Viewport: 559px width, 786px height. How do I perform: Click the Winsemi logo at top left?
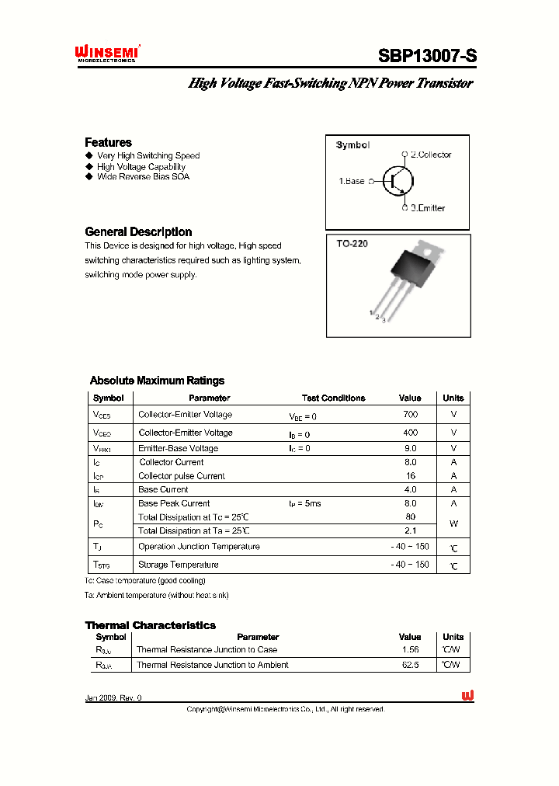click(106, 52)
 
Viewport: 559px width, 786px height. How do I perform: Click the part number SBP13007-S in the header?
click(427, 56)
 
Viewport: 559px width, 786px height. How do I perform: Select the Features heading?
click(108, 142)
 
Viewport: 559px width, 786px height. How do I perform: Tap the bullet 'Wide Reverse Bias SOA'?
click(143, 176)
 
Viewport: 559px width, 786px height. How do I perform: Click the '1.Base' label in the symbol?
click(351, 181)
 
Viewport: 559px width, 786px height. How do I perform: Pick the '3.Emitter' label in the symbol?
click(428, 208)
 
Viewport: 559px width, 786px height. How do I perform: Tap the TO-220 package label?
click(352, 244)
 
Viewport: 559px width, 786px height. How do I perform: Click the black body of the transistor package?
click(413, 268)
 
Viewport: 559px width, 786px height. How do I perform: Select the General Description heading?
click(138, 231)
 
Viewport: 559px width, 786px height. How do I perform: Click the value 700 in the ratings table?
click(410, 415)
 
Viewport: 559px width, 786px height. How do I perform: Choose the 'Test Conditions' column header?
click(333, 398)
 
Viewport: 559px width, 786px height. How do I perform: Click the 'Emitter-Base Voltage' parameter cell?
click(178, 448)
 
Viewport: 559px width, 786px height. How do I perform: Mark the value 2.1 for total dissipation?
click(410, 530)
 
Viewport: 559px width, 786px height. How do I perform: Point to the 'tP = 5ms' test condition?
click(304, 503)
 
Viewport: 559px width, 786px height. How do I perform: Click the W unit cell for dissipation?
click(453, 523)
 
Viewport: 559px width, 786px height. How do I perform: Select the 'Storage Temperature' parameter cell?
click(178, 565)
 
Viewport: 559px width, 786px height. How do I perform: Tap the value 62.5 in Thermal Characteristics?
click(410, 665)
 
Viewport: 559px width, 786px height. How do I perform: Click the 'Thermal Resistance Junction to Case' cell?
click(207, 649)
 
